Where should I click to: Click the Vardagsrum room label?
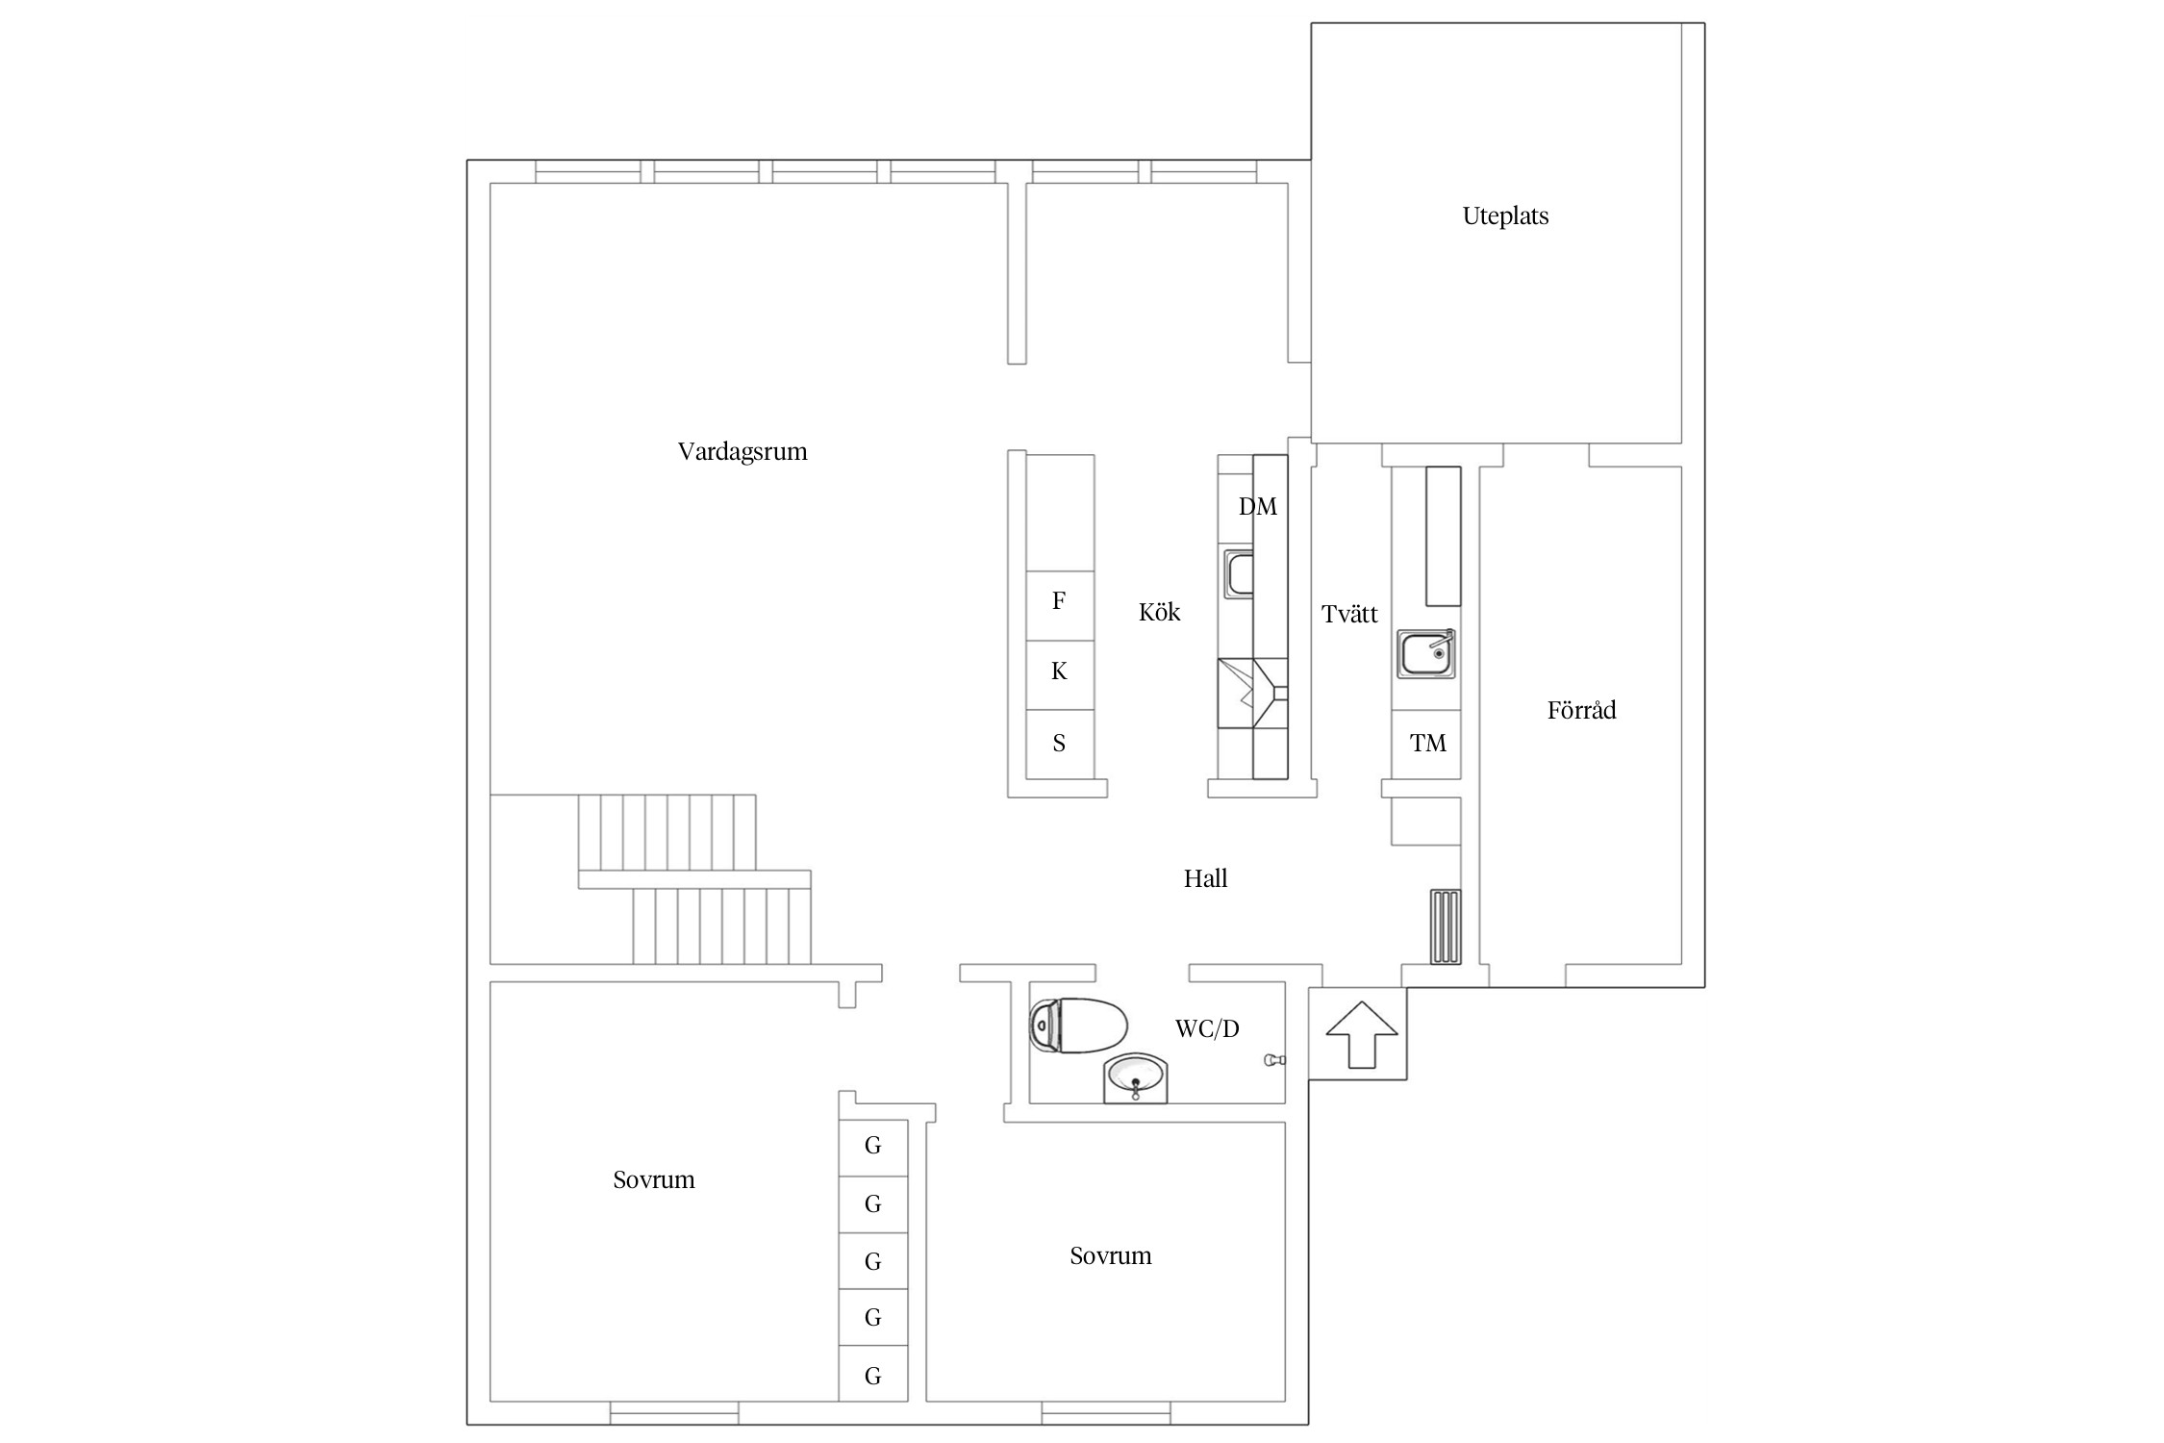[742, 452]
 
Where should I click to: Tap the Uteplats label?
[1505, 216]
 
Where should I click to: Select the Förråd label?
[1581, 710]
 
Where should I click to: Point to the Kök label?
[1159, 612]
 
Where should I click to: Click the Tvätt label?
[1349, 614]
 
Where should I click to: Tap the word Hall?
[1205, 878]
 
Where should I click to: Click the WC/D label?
[1207, 1028]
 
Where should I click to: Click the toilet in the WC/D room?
[1077, 1025]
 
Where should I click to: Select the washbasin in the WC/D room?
[1136, 1078]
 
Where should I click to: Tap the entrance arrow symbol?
[1361, 1034]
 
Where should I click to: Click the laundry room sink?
[1426, 654]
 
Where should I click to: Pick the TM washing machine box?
[1426, 744]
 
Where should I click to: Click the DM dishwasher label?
[1257, 507]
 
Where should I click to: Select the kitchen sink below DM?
[1239, 574]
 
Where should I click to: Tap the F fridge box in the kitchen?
[1060, 606]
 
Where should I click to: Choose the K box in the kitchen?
[1060, 675]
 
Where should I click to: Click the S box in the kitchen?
[1060, 745]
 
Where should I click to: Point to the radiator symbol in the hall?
[1446, 926]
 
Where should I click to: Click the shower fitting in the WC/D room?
[1274, 1060]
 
